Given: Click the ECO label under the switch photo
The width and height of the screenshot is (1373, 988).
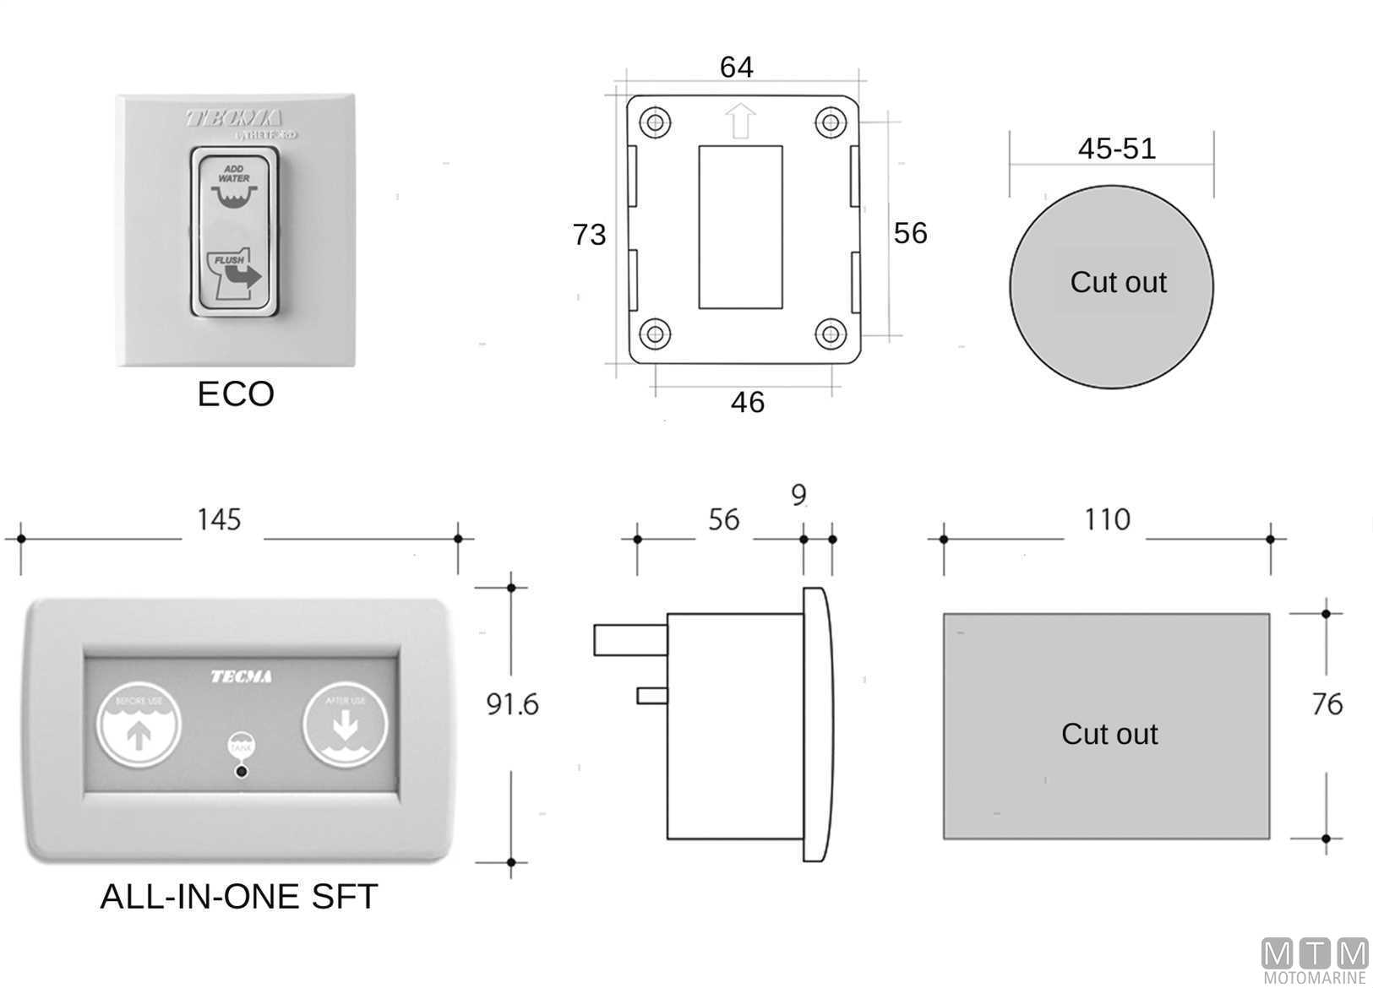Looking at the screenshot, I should (x=236, y=394).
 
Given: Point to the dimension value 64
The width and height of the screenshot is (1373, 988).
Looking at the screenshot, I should (x=736, y=67).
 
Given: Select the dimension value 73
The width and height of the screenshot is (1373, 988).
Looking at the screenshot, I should (x=589, y=234).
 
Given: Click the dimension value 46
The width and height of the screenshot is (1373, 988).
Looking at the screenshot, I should (x=747, y=402).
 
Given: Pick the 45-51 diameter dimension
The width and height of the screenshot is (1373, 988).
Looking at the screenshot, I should (x=1116, y=149).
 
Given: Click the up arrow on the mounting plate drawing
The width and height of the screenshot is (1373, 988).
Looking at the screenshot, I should (x=740, y=121).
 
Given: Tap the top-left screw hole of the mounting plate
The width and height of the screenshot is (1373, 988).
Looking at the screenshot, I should (x=655, y=122).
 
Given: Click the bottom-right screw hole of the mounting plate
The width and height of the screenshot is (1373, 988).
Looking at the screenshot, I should (x=831, y=333).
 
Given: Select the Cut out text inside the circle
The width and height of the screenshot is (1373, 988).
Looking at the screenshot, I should (x=1117, y=282).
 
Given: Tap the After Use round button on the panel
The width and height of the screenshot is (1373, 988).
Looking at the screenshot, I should (x=345, y=723).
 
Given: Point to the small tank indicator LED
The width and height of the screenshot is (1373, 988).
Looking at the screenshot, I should (x=242, y=771).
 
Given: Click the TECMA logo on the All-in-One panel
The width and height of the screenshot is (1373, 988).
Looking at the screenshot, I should (x=241, y=676).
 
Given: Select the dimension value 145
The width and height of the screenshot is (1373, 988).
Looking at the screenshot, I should (x=219, y=519).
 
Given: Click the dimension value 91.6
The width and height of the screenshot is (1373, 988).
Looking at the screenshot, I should (x=512, y=703).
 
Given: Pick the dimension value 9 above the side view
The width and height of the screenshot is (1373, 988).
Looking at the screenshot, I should (x=798, y=495).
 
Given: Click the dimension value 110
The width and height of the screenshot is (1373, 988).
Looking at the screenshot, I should (x=1106, y=519).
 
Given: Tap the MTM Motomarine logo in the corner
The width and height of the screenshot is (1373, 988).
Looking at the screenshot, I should (x=1314, y=960).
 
